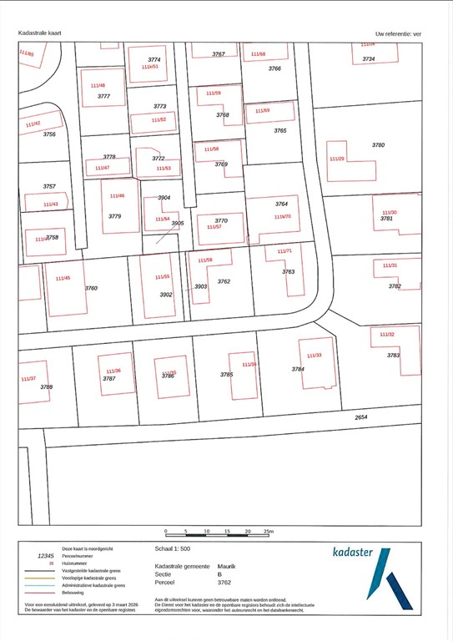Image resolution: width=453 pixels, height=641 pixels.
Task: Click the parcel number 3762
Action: pyautogui.click(x=224, y=281)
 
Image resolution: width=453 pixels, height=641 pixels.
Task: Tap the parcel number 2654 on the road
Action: pyautogui.click(x=360, y=416)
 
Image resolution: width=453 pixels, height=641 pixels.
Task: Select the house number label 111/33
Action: pyautogui.click(x=314, y=356)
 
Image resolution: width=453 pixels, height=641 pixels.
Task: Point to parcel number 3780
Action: pyautogui.click(x=378, y=145)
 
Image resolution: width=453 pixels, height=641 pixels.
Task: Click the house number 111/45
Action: pyautogui.click(x=63, y=278)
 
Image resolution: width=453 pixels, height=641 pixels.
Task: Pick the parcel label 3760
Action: pyautogui.click(x=91, y=288)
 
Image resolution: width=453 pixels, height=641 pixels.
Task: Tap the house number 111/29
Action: pyautogui.click(x=337, y=159)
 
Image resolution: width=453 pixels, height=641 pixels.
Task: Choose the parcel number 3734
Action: pyautogui.click(x=368, y=58)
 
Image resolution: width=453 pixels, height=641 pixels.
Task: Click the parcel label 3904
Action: pyautogui.click(x=164, y=198)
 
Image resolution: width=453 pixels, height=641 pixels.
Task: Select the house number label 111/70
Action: pyautogui.click(x=283, y=216)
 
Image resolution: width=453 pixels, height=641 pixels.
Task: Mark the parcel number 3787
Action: pyautogui.click(x=108, y=378)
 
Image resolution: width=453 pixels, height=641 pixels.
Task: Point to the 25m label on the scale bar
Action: pyautogui.click(x=268, y=532)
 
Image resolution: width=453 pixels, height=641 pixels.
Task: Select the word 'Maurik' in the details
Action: pyautogui.click(x=226, y=565)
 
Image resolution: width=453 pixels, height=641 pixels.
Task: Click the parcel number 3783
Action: pyautogui.click(x=394, y=355)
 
